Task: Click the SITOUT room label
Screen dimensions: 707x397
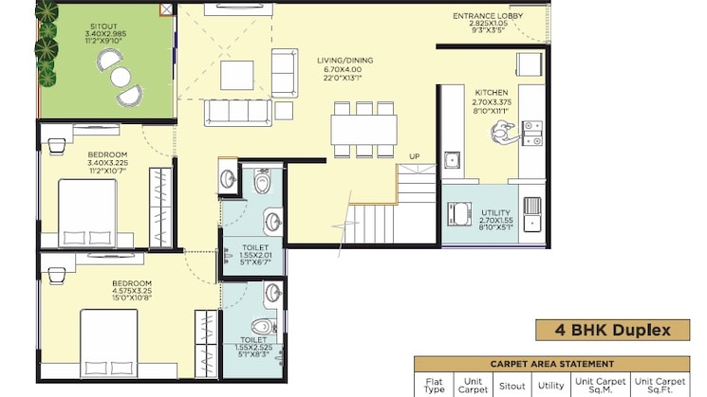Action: coord(103,27)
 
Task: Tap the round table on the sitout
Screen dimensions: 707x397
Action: coord(121,77)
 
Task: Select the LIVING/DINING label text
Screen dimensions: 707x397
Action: coord(344,61)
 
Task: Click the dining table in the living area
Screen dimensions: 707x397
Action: coord(363,130)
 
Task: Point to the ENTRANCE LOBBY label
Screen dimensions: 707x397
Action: coord(488,16)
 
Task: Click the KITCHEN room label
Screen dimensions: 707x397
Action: coord(492,93)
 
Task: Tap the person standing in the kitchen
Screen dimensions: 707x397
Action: coord(504,132)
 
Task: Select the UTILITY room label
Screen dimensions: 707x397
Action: coord(496,213)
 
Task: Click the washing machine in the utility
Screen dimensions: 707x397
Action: coord(459,214)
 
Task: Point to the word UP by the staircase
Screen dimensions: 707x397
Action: coord(415,156)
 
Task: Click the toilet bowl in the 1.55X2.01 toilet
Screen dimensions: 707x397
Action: coord(262,181)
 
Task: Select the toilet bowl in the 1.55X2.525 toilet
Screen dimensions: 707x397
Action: coord(264,326)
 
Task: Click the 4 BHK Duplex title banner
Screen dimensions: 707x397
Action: coord(613,331)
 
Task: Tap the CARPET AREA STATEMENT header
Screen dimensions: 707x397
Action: coord(552,364)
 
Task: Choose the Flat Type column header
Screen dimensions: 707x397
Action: coord(434,386)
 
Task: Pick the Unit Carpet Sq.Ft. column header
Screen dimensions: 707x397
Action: coord(660,386)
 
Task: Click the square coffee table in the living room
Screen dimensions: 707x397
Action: coord(237,75)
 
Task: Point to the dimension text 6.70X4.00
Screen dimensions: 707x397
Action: coord(343,70)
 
